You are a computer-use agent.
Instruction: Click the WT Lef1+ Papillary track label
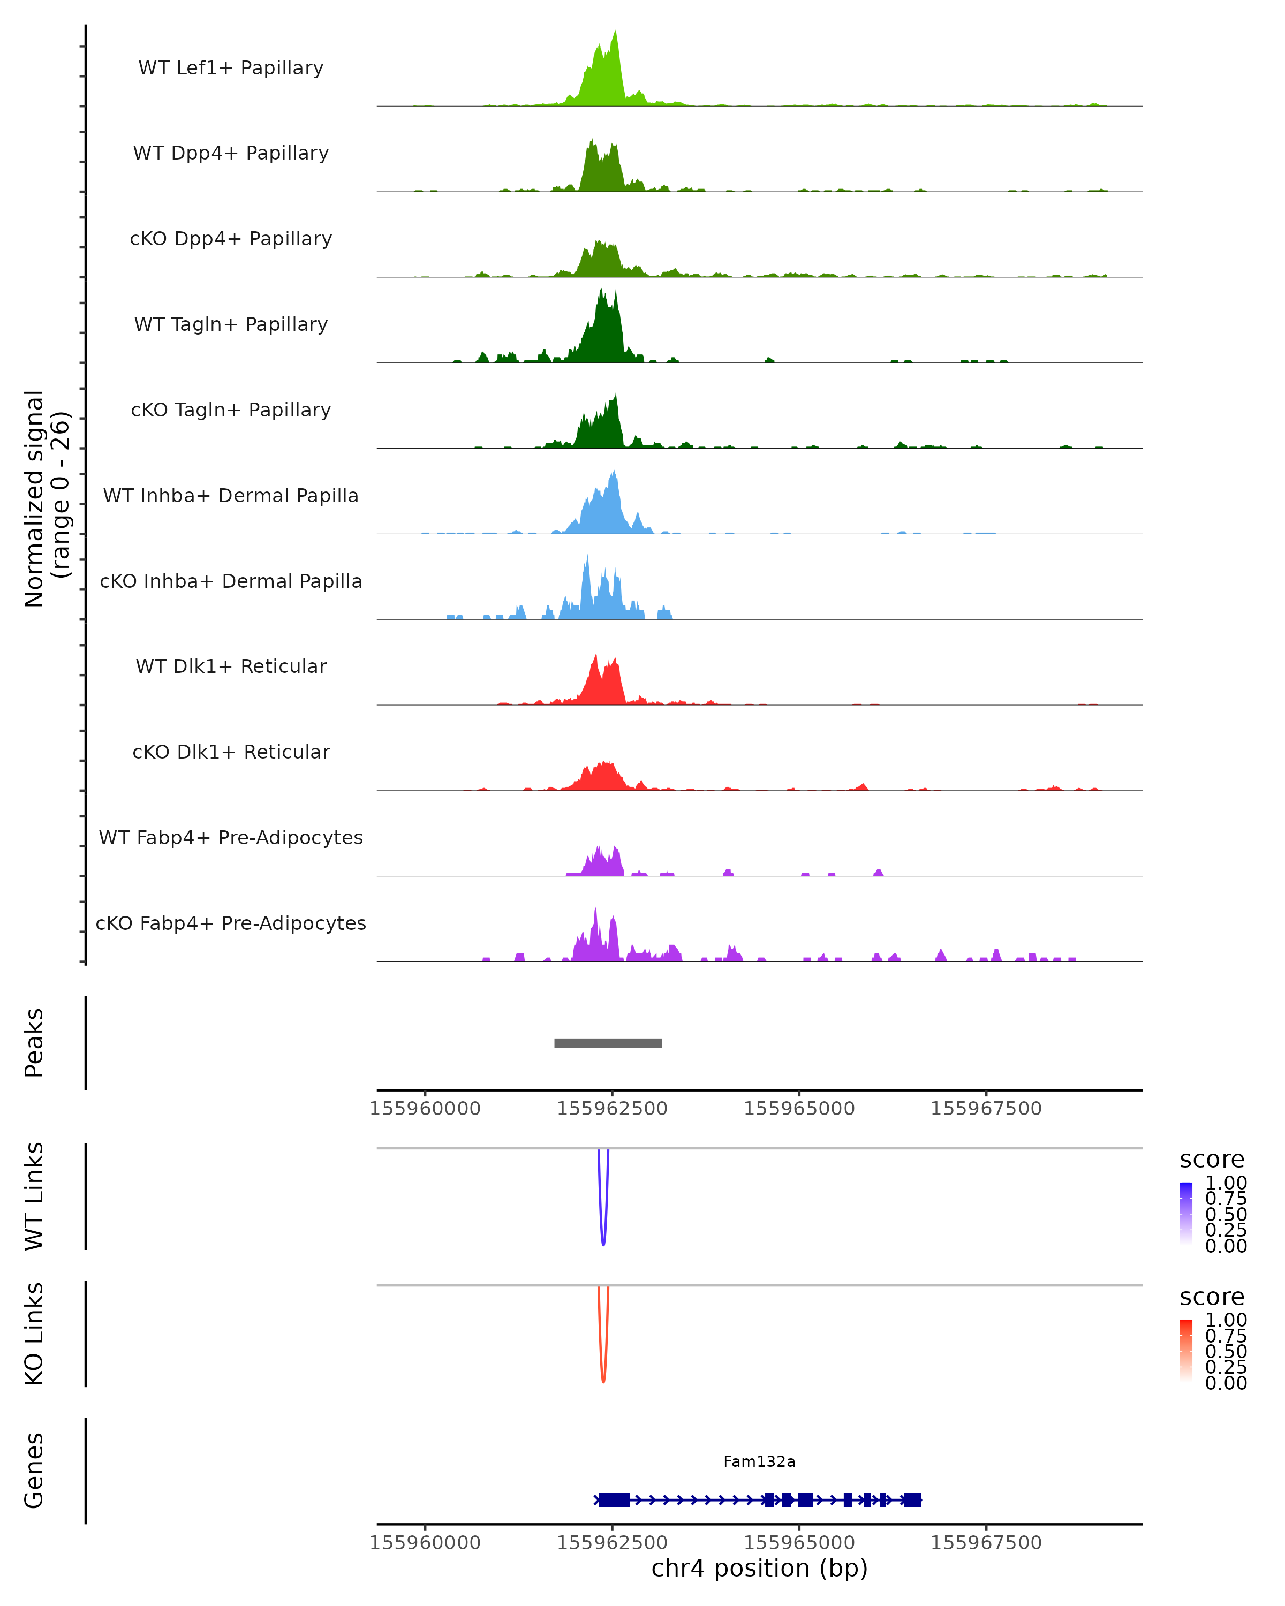tap(231, 68)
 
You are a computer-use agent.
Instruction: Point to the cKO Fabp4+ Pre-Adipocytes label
tap(231, 923)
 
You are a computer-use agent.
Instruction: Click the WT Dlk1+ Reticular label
tap(231, 666)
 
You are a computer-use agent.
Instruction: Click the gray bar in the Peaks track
tap(608, 1043)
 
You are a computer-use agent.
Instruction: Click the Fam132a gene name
tap(759, 1461)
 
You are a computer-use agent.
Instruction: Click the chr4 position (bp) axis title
tap(759, 1568)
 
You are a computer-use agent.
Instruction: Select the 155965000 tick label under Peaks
tap(799, 1109)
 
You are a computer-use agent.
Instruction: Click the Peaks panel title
tap(34, 1043)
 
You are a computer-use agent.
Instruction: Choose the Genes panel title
tap(34, 1471)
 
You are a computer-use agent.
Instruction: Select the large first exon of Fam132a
tap(614, 1499)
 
